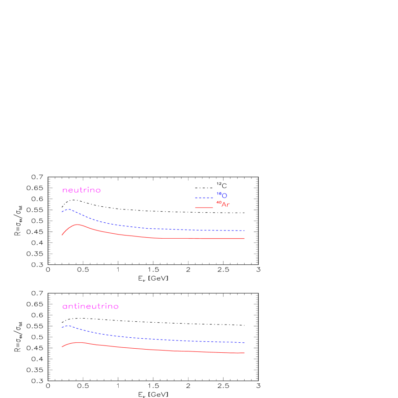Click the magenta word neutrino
(x=81, y=190)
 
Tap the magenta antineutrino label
(x=90, y=306)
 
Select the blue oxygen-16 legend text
(x=222, y=195)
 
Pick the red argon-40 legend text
(x=223, y=204)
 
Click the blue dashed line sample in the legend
(x=204, y=198)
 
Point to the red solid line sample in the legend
(x=204, y=208)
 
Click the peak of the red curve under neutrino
(x=78, y=225)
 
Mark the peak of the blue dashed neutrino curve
(x=68, y=209)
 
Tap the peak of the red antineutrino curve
(x=79, y=342)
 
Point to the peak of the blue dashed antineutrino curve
(x=68, y=326)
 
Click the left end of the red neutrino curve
(x=62, y=235)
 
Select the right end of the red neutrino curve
(x=245, y=238)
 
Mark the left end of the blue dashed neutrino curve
(x=62, y=212)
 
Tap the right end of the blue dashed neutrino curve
(x=245, y=230)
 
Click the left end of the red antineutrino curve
(x=62, y=347)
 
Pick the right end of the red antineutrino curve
(x=245, y=353)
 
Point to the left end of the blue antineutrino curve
(x=62, y=328)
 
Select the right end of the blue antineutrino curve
(x=245, y=342)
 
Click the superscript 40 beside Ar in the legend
(x=219, y=202)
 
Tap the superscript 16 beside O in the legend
(x=219, y=194)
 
